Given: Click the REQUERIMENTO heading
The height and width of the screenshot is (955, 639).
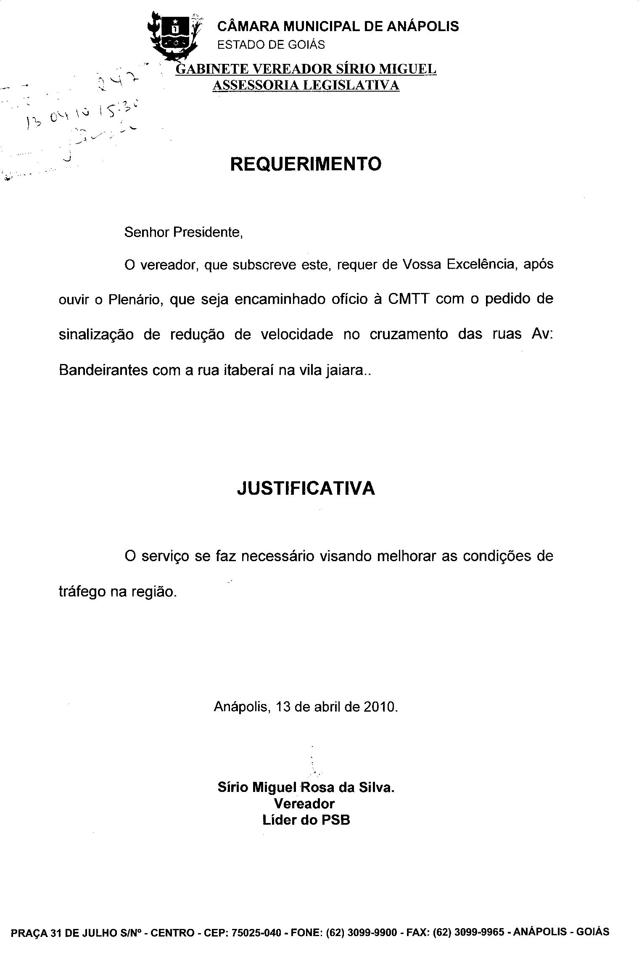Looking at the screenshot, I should (x=306, y=164).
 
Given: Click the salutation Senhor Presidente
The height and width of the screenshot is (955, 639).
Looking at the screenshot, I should (x=184, y=232).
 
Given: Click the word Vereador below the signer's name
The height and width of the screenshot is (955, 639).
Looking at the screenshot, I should (x=304, y=804).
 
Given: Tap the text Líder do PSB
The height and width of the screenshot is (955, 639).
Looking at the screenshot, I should (x=306, y=820).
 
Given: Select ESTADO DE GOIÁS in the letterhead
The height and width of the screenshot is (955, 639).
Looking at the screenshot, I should (x=271, y=45).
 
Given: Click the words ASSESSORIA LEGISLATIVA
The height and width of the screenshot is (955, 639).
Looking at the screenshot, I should (x=306, y=85).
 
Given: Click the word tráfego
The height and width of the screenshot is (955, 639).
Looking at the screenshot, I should (x=82, y=592).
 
